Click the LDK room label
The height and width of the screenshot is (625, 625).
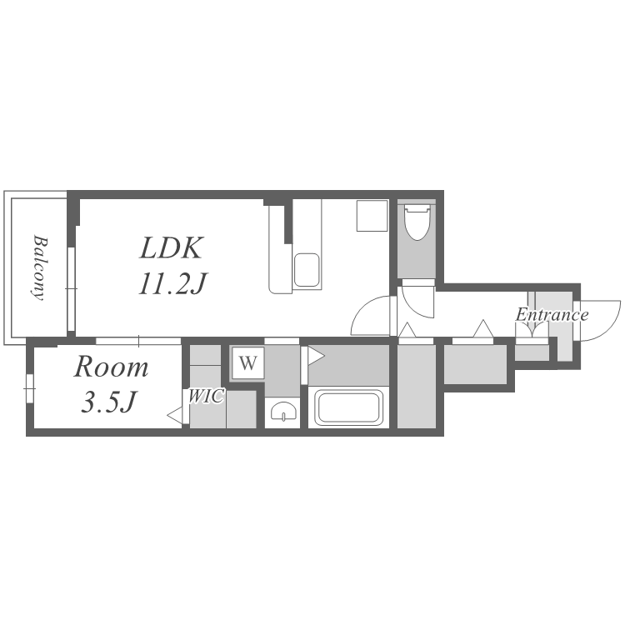coord(170,247)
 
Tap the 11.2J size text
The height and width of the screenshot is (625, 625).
coord(172,283)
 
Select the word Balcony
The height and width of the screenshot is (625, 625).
coord(39,267)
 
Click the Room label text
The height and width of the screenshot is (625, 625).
coord(111,367)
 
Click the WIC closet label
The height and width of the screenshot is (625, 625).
coord(206,396)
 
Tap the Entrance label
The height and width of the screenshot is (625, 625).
coord(552,315)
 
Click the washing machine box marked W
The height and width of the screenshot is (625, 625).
coord(248,362)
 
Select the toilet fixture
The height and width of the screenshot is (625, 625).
coord(417,222)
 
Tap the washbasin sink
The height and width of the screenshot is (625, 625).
coord(283,411)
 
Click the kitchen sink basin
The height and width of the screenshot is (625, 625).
coord(306,270)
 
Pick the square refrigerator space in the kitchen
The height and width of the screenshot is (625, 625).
coord(372,216)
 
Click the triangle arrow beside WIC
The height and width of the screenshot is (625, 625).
coord(175,416)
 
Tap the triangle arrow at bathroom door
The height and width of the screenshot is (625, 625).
coord(316,356)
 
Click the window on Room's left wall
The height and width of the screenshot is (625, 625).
coord(29,388)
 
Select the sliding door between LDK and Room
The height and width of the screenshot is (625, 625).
coord(138,341)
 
